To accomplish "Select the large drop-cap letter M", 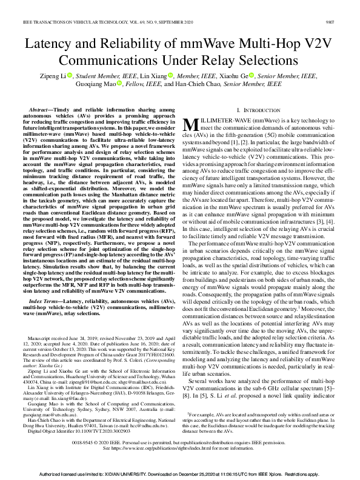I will [x=190, y=124].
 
